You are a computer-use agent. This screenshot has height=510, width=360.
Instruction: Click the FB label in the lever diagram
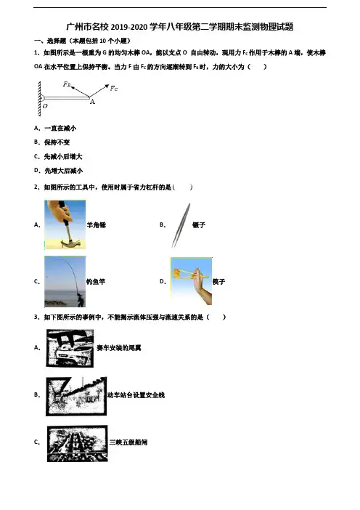(x=67, y=84)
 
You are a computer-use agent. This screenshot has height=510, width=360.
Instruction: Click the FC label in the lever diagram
(x=114, y=88)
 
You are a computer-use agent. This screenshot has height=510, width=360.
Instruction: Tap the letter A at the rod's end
(x=93, y=102)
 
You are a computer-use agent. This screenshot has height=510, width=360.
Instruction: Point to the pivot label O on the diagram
(x=45, y=106)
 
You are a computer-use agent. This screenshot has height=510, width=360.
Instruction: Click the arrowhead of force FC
(x=107, y=86)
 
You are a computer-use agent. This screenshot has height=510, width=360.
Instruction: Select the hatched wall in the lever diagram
(x=39, y=99)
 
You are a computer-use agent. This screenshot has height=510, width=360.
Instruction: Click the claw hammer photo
(x=65, y=224)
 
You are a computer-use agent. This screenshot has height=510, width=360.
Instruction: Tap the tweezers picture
(x=181, y=225)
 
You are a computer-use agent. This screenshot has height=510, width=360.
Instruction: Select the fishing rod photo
(x=65, y=282)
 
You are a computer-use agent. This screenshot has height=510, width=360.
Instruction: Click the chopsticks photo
(x=192, y=281)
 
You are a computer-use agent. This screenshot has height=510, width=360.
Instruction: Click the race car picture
(x=70, y=348)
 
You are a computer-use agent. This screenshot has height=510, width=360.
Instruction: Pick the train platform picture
(x=76, y=397)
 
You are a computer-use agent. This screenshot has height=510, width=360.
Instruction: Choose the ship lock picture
(x=78, y=443)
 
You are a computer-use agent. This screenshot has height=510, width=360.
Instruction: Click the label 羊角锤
(x=97, y=225)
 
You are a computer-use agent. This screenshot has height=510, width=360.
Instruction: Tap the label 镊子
(x=199, y=224)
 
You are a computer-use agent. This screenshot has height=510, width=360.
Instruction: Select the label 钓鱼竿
(x=96, y=282)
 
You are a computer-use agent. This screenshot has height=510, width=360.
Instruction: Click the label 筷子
(x=218, y=282)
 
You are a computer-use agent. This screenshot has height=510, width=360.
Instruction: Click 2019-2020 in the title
(x=129, y=27)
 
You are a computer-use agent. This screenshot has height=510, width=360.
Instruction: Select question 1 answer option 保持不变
(x=57, y=142)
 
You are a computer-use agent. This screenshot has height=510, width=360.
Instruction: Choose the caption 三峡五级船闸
(x=128, y=442)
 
